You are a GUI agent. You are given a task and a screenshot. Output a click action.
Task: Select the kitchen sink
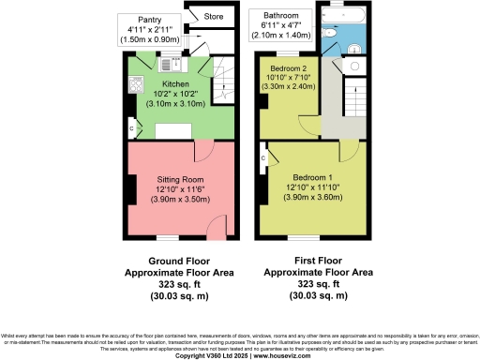tap(175, 64)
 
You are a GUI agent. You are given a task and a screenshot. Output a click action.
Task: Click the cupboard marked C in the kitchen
tap(132, 128)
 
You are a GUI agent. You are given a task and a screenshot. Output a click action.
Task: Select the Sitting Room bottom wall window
tap(167, 237)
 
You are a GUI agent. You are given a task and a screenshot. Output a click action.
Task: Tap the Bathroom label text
tap(280, 16)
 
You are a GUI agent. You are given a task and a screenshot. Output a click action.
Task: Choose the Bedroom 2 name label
tap(289, 69)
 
